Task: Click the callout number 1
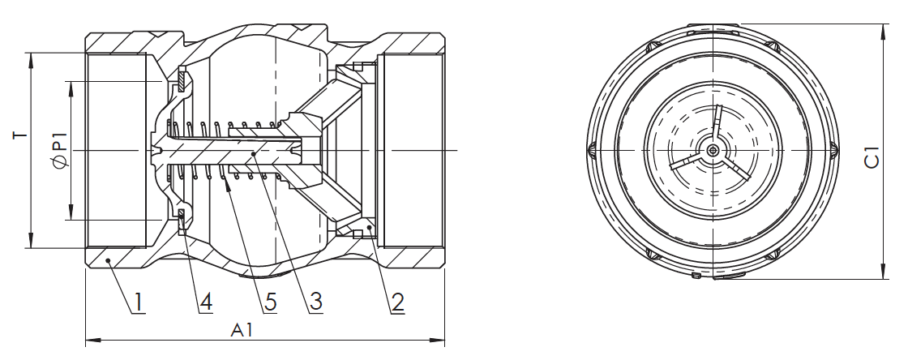(139, 302)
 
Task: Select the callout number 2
(397, 302)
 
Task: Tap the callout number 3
(315, 302)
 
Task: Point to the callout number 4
(206, 302)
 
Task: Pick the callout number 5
(270, 302)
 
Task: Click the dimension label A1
(242, 330)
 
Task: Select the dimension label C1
(872, 157)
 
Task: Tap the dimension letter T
(20, 136)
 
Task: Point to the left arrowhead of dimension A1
(92, 340)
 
